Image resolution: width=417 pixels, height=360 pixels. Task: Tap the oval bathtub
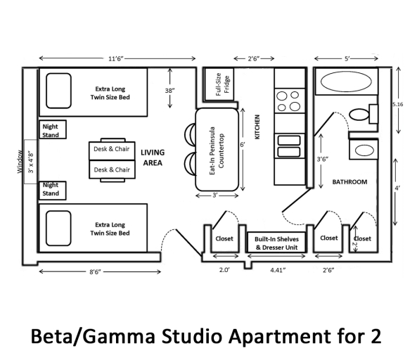pos(346,82)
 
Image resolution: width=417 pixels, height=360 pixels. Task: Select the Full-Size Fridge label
pos(222,84)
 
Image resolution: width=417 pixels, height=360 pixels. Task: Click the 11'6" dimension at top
pos(116,58)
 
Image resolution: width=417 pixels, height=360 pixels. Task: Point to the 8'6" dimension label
pos(95,271)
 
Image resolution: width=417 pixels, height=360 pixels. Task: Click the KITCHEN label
pos(257,127)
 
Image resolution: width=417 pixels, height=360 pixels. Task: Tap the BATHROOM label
pos(349,182)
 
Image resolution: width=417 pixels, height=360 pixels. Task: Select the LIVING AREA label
pos(153,157)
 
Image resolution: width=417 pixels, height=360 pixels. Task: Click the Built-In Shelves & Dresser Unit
pos(276,243)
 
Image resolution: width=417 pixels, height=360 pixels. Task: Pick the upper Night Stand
pos(53,129)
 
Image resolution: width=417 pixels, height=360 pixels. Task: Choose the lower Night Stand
pos(53,191)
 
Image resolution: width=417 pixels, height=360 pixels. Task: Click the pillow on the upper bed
pos(58,91)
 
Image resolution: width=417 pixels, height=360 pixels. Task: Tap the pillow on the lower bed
pos(58,228)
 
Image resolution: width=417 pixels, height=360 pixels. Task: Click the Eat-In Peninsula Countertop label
pos(217,150)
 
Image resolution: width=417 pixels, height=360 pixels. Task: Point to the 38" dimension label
pos(169,91)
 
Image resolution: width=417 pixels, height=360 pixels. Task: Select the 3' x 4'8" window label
pos(31,162)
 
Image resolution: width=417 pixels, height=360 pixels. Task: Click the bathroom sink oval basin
pos(364,150)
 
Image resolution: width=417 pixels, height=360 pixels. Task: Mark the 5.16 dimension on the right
pos(398,104)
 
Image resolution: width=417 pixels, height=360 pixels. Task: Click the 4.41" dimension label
pos(278,270)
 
